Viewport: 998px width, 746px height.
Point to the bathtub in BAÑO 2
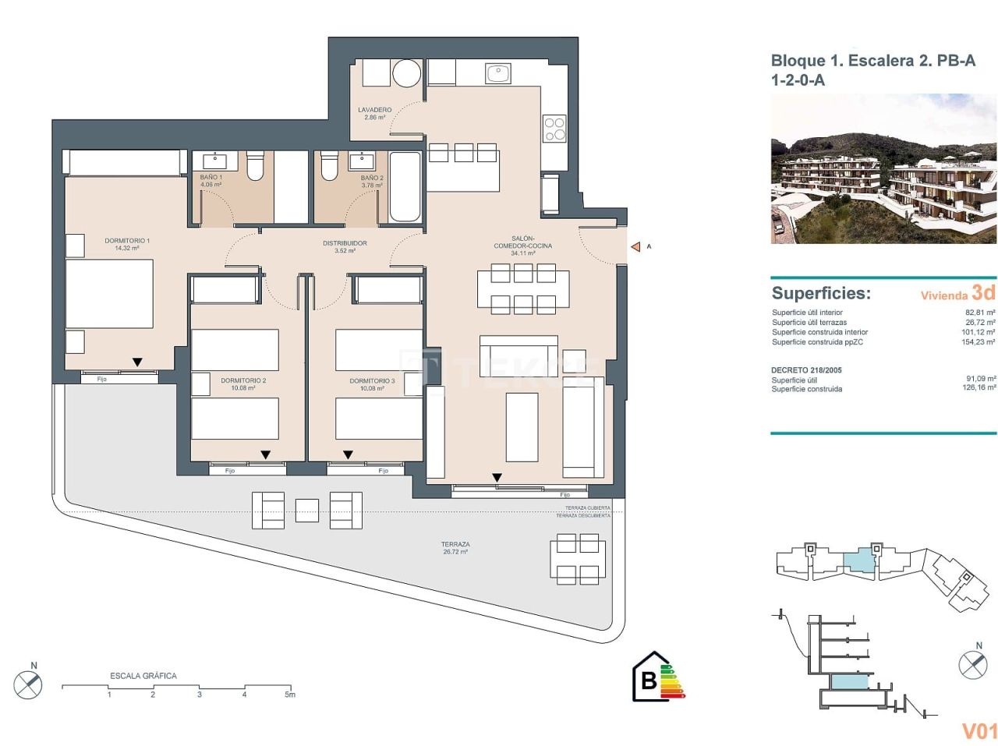(405, 187)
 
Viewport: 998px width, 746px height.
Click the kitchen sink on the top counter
(497, 73)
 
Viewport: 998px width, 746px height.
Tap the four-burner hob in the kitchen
(554, 129)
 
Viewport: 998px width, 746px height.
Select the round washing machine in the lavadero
(406, 74)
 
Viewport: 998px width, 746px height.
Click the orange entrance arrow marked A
(635, 247)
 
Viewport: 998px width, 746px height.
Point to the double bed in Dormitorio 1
(109, 293)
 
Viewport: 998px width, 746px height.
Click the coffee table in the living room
(522, 427)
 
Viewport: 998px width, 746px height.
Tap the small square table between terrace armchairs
(307, 511)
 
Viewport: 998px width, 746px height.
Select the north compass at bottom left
(28, 684)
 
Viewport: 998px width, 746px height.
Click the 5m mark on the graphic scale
(289, 694)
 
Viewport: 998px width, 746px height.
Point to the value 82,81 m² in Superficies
(980, 313)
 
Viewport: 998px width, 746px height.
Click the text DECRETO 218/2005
(806, 370)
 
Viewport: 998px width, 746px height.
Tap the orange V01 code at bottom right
(979, 730)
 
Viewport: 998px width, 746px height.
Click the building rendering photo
(883, 169)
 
